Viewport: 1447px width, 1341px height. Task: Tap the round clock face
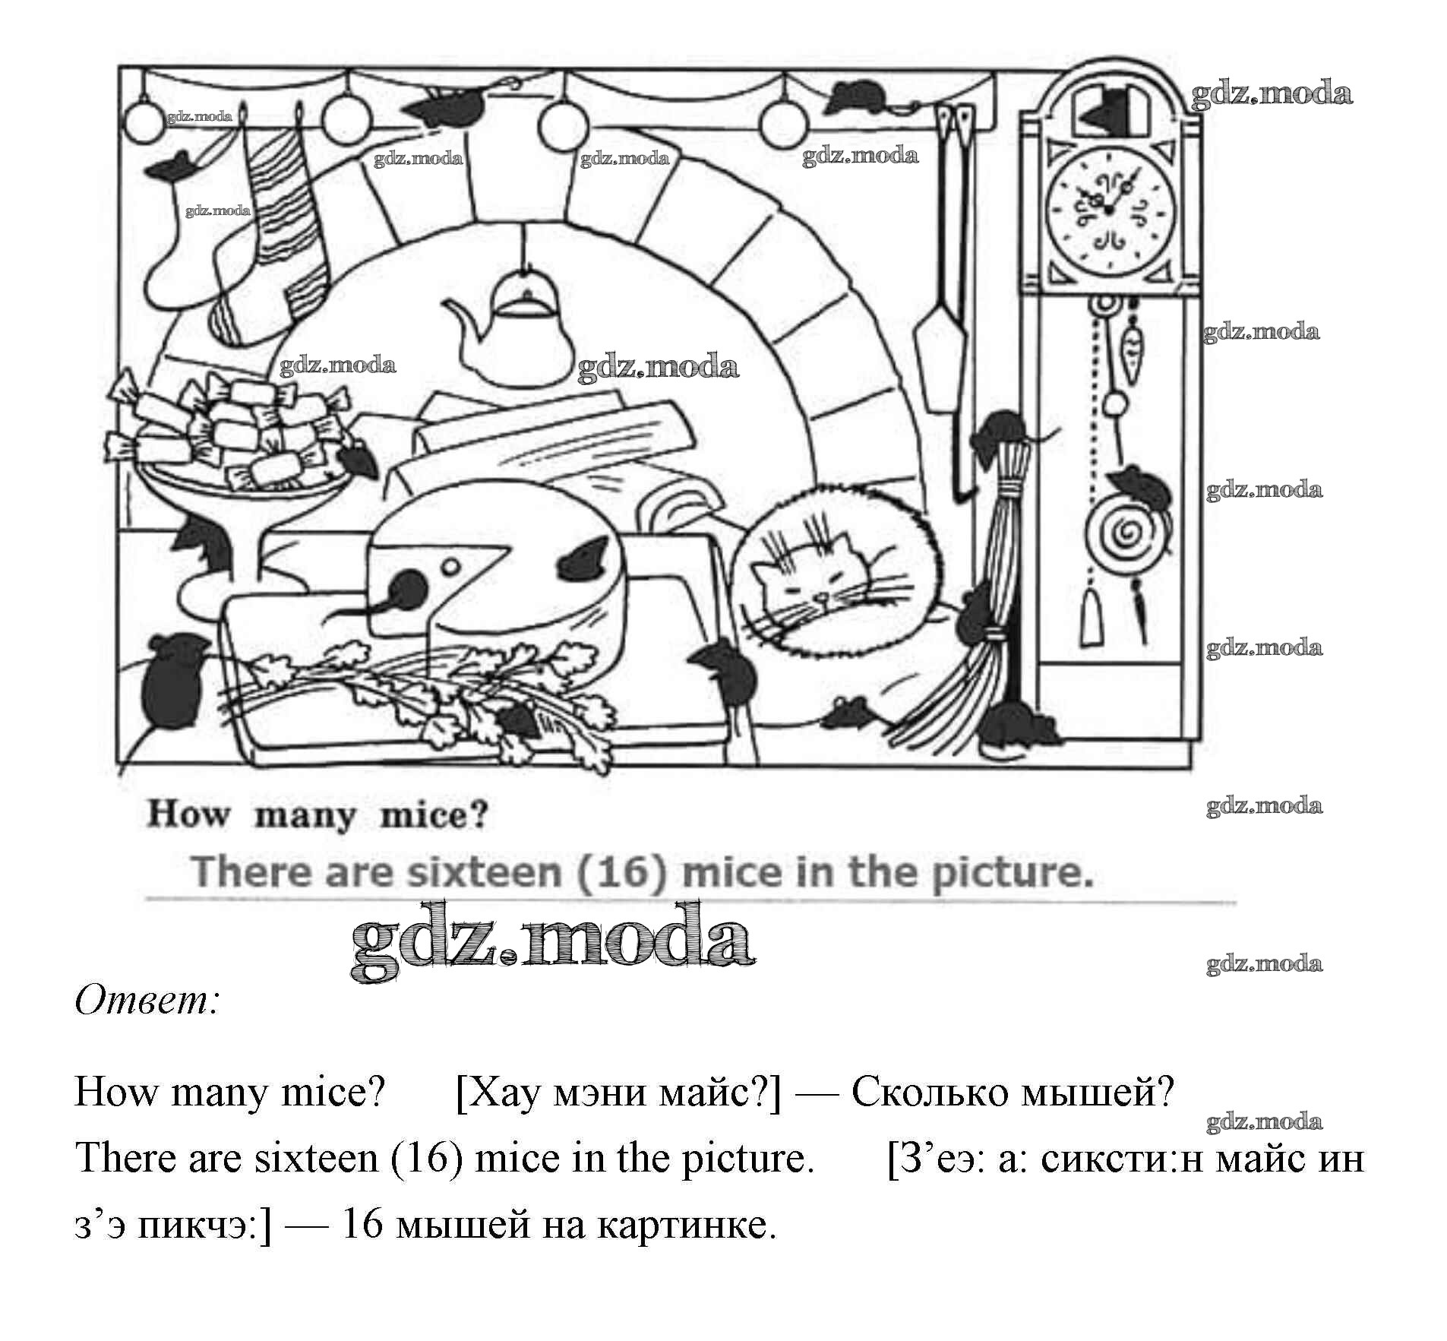pyautogui.click(x=1111, y=209)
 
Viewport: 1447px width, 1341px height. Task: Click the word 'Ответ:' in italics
pyautogui.click(x=147, y=1001)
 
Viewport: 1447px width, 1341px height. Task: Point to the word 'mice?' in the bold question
pyautogui.click(x=433, y=815)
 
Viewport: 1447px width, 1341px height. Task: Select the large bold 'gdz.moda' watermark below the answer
pyautogui.click(x=552, y=942)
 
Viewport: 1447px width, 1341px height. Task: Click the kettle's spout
pyautogui.click(x=460, y=319)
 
